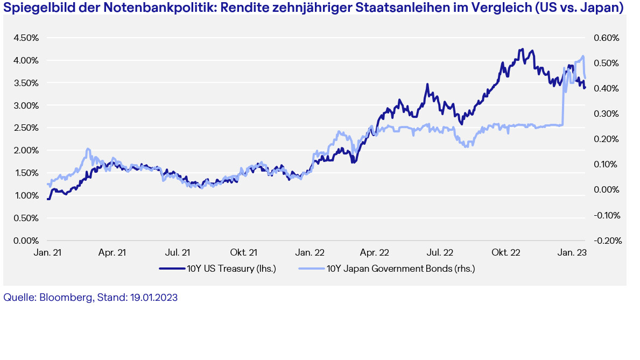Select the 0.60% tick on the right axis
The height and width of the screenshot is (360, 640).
pos(606,38)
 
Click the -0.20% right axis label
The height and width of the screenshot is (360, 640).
pos(606,241)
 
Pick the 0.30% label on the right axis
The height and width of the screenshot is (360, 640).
pos(606,114)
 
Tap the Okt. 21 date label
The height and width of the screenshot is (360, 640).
pos(243,252)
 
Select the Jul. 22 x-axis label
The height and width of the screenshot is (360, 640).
pos(440,252)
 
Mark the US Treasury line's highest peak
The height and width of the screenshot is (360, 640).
pos(522,50)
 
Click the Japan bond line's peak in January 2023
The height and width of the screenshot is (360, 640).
pos(583,56)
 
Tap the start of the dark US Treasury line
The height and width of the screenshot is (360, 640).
pos(48,199)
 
